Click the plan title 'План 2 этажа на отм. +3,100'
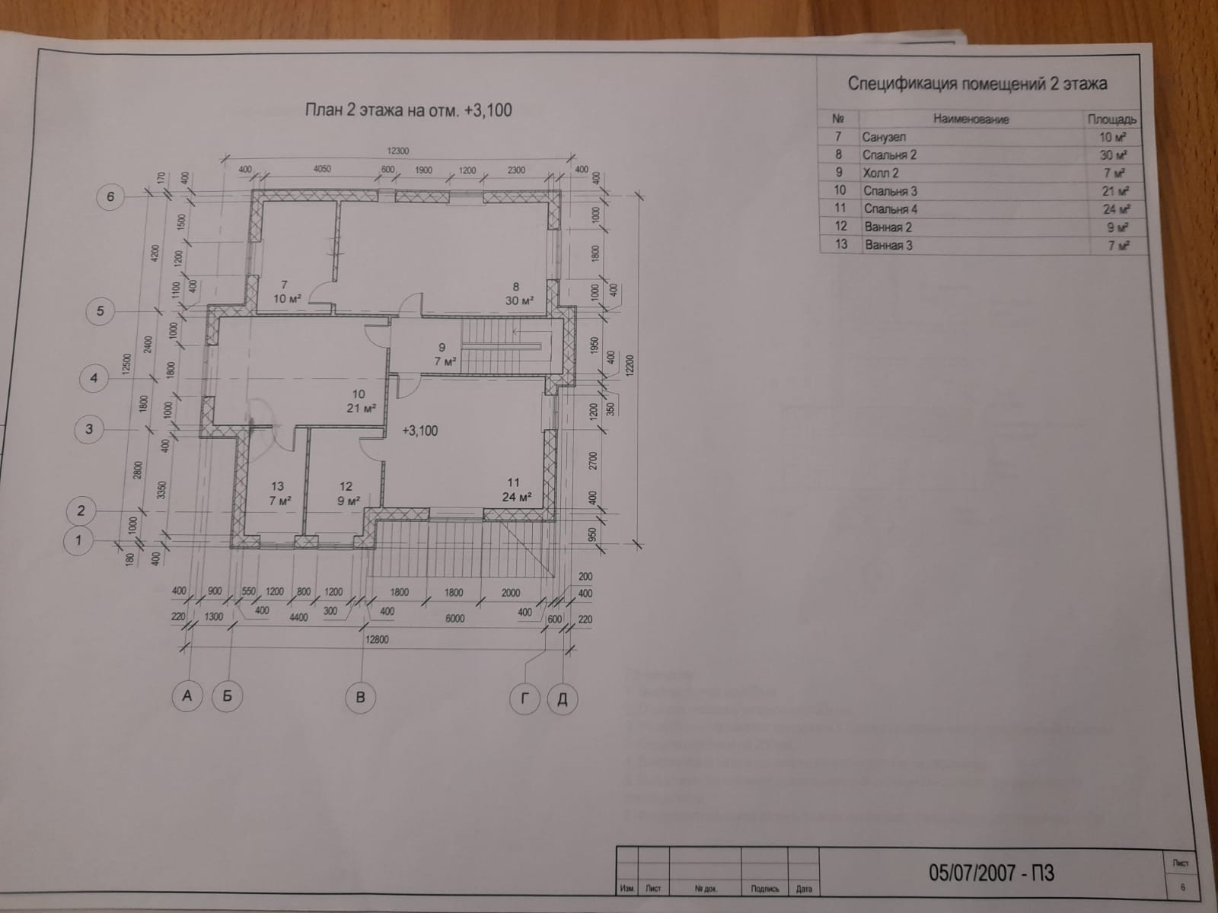click(x=408, y=110)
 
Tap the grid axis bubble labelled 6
click(x=110, y=197)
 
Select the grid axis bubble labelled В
click(x=360, y=697)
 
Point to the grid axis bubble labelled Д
click(x=563, y=699)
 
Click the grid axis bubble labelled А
click(x=187, y=695)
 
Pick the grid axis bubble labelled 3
click(x=89, y=429)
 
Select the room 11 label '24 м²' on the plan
click(x=516, y=497)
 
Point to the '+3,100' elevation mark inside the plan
click(x=419, y=431)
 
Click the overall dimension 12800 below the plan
click(x=376, y=640)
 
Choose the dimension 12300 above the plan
click(x=398, y=151)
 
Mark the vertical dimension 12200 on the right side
click(x=629, y=371)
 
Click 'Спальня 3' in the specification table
click(x=890, y=190)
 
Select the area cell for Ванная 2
click(x=1117, y=227)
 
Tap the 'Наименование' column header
click(x=971, y=119)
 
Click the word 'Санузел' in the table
click(x=884, y=137)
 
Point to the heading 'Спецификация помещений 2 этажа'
click(x=977, y=84)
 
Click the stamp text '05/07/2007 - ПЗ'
click(x=991, y=872)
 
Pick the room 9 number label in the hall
click(x=442, y=348)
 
